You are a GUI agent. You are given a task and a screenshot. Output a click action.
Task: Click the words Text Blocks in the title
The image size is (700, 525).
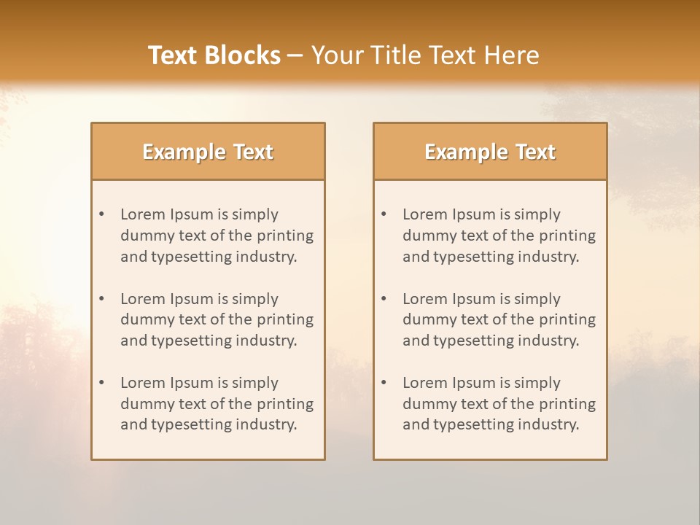pos(214,55)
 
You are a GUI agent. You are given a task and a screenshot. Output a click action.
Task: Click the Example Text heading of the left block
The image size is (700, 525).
pos(208,152)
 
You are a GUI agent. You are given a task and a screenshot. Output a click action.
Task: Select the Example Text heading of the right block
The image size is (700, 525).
pos(490,152)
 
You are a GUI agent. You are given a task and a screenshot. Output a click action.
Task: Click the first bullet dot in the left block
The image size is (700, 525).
pos(102,214)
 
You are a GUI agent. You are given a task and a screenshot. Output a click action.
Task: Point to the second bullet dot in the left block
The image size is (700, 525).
pos(102,299)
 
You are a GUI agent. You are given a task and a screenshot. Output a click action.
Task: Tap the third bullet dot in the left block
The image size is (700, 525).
pos(102,383)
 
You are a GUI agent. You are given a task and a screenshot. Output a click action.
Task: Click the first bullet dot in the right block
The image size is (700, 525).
pos(384,214)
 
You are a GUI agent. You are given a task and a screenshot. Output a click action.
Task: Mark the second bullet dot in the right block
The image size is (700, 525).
pos(384,299)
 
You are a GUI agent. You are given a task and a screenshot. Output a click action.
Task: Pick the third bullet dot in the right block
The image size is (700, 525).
pos(384,383)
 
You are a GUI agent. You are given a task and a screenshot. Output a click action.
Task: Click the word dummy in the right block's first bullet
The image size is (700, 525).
pos(428,236)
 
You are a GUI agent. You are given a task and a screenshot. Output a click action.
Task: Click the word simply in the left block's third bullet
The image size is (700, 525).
pos(255,383)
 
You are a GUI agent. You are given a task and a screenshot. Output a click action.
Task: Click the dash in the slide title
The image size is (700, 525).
pos(295,55)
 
